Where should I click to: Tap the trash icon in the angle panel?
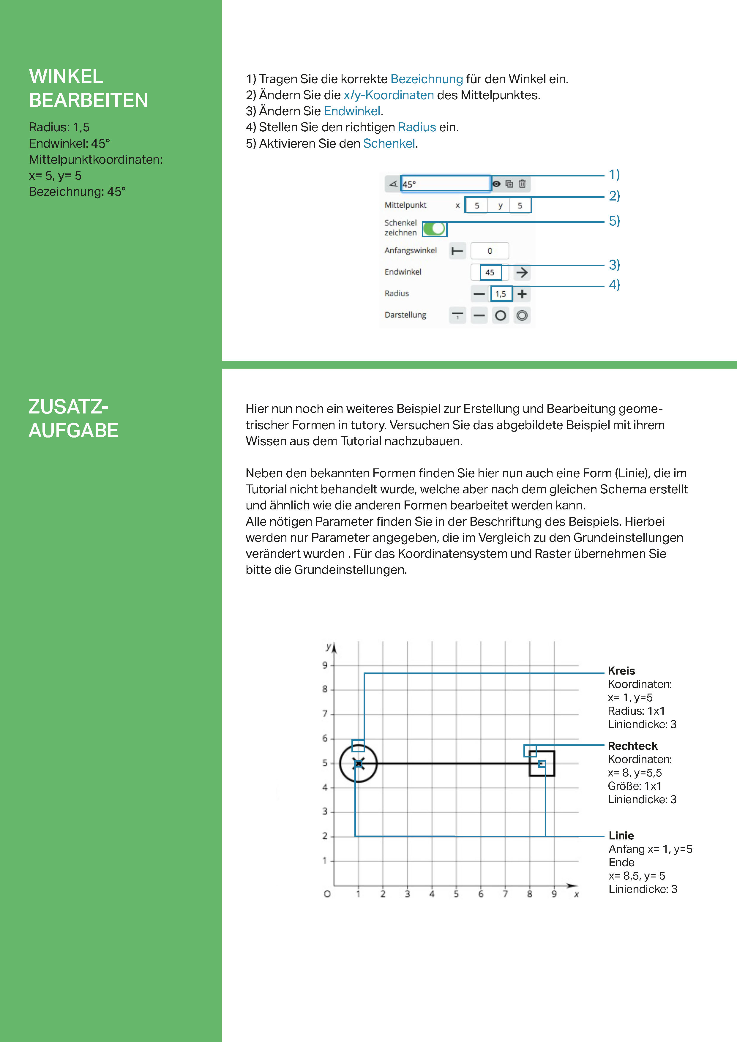pyautogui.click(x=522, y=184)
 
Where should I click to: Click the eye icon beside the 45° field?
pyautogui.click(x=496, y=184)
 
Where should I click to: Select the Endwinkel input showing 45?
pyautogui.click(x=490, y=272)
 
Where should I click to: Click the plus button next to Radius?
pyautogui.click(x=522, y=294)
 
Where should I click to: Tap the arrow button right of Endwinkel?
pyautogui.click(x=522, y=272)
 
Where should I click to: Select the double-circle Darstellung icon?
pyautogui.click(x=522, y=315)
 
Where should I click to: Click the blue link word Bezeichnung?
pyautogui.click(x=427, y=79)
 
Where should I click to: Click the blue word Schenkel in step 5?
pyautogui.click(x=389, y=143)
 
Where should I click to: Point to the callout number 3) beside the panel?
pyautogui.click(x=614, y=265)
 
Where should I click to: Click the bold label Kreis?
pyautogui.click(x=621, y=670)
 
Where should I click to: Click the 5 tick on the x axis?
pyautogui.click(x=456, y=893)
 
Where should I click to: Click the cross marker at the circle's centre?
pyautogui.click(x=359, y=764)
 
